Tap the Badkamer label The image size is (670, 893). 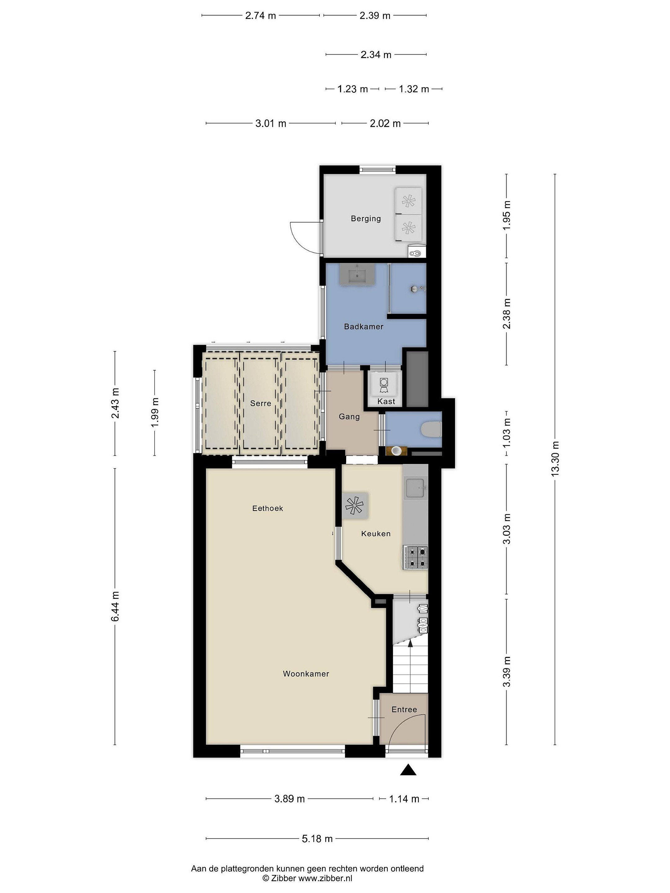coord(364,326)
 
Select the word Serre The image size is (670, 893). coord(261,403)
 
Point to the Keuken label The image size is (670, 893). coord(376,533)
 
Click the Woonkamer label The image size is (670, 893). coord(306,673)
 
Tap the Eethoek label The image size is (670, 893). coord(267,508)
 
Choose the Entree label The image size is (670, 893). coord(404,709)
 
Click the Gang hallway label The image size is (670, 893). coord(349,417)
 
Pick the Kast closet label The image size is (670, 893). coord(386,401)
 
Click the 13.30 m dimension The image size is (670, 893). coord(555,458)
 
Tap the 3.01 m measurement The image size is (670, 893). coord(270,123)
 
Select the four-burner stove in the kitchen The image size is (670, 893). coord(415,557)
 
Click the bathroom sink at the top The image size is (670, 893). coord(357,274)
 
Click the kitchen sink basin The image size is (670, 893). coord(416,488)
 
